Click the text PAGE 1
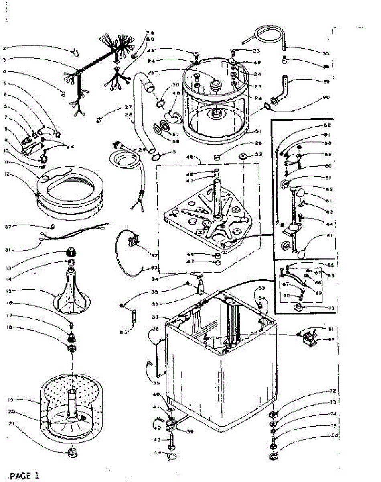(x=24, y=476)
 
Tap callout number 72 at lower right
(x=321, y=391)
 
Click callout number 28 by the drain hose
(x=129, y=116)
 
